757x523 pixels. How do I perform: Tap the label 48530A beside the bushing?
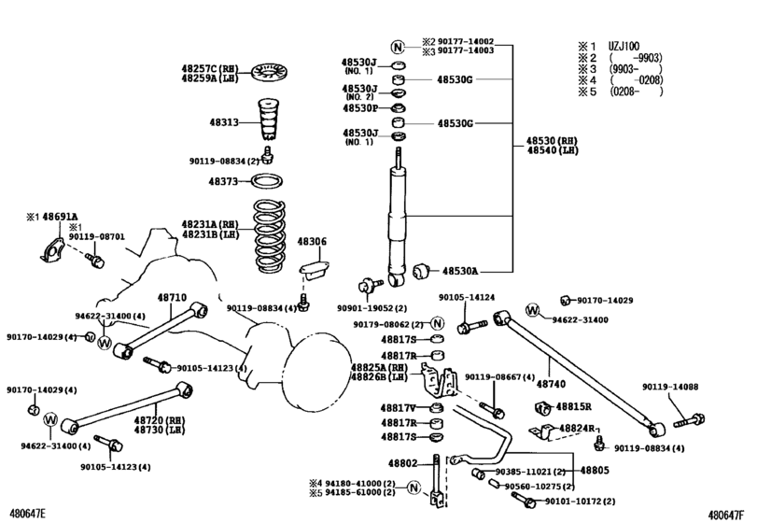pyautogui.click(x=459, y=271)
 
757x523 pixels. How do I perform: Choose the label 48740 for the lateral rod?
pyautogui.click(x=551, y=384)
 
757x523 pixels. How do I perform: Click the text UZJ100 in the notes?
pyautogui.click(x=626, y=44)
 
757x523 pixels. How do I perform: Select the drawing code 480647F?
pyautogui.click(x=731, y=514)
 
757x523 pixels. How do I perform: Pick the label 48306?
pyautogui.click(x=312, y=242)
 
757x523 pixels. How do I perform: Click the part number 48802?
pyautogui.click(x=402, y=463)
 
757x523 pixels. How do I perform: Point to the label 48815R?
pyautogui.click(x=575, y=407)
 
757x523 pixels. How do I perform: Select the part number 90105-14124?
pyautogui.click(x=466, y=298)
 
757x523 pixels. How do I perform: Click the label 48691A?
pyautogui.click(x=60, y=216)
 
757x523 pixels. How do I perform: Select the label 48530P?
pyautogui.click(x=359, y=107)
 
